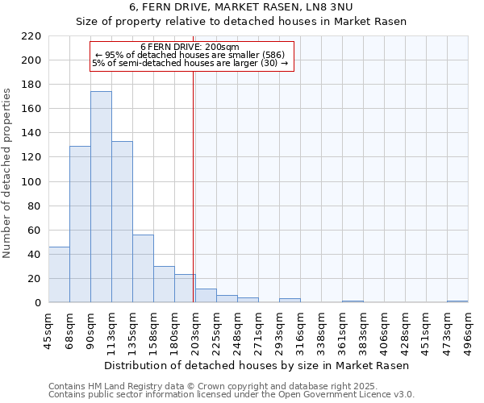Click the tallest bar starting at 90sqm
[x=101, y=197]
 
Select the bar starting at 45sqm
[x=59, y=275]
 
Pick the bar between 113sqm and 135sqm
[x=122, y=222]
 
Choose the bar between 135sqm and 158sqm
[x=143, y=268]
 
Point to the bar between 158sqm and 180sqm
[x=164, y=285]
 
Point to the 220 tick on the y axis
[x=31, y=36]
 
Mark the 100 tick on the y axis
[x=31, y=182]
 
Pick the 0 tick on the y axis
[x=38, y=303]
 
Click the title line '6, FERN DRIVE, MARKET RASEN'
[x=242, y=8]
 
